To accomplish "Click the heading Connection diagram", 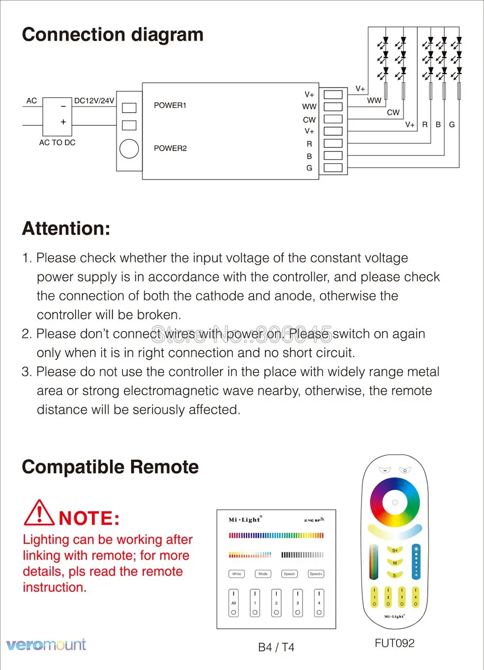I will [x=112, y=35].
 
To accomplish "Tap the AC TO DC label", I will [x=57, y=143].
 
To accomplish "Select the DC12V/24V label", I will [x=94, y=101].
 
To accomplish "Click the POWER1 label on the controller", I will [x=170, y=105].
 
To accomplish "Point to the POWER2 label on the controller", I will [x=170, y=149].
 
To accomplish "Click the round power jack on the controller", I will [x=129, y=149].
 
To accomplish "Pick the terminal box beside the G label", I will [x=333, y=168].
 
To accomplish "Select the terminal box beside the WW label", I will [x=333, y=106].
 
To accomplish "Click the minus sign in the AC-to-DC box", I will [x=63, y=106].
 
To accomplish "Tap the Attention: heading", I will [x=66, y=228].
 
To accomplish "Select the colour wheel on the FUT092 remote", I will [x=394, y=503].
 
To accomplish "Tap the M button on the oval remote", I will [x=395, y=563].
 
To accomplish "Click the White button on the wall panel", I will [x=236, y=574].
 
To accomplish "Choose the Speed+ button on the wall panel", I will [x=316, y=574].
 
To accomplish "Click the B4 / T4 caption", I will [x=276, y=647].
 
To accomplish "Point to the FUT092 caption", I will [x=394, y=643].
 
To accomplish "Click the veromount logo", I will [x=46, y=644].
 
